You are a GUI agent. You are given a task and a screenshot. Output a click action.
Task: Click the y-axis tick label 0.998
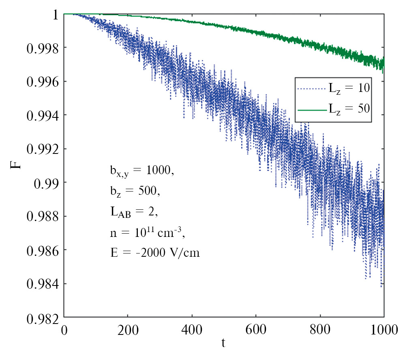click(42, 48)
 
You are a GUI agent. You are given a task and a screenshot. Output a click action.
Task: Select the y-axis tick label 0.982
click(42, 317)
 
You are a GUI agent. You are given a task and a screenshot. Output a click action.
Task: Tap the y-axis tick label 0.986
click(42, 250)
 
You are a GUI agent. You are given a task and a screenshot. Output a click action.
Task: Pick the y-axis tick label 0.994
click(42, 115)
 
